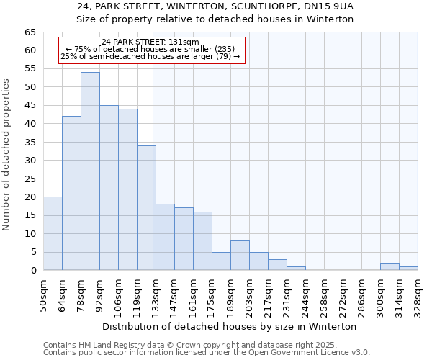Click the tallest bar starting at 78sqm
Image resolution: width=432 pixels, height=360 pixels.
click(90, 171)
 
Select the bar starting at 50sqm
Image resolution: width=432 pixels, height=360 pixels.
click(53, 233)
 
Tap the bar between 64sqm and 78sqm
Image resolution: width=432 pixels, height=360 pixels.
click(71, 193)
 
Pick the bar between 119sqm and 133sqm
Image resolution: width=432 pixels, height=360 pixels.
click(146, 208)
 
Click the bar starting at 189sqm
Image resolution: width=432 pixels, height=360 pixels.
click(240, 256)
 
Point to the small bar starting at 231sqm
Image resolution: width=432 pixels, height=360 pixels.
click(296, 269)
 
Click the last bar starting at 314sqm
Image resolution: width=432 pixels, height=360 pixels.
click(408, 269)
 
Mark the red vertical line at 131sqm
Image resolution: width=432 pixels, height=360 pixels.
click(153, 180)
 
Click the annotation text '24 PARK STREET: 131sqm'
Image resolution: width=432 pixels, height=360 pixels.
click(150, 42)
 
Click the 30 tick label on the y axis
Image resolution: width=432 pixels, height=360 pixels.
click(30, 161)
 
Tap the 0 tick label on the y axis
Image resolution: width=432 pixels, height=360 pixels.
click(33, 271)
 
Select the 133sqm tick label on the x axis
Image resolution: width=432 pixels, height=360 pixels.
click(156, 293)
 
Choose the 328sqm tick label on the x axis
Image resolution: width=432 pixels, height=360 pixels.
click(418, 293)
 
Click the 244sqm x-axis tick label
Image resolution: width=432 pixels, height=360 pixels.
click(305, 293)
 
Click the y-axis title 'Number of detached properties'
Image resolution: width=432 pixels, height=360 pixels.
click(6, 155)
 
